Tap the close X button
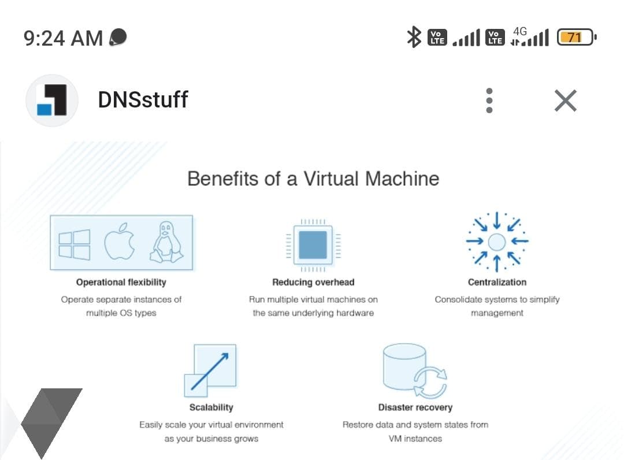tap(565, 101)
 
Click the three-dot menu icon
tap(489, 101)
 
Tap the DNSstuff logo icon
tap(51, 101)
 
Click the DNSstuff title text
tap(143, 100)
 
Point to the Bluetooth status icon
tap(414, 38)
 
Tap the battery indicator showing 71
tap(576, 38)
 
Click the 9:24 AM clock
tap(63, 38)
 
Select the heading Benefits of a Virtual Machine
tap(313, 178)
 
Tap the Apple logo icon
tap(120, 242)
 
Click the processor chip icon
tap(313, 244)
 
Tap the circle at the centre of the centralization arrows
tap(497, 242)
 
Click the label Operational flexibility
tap(121, 282)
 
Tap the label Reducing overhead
tap(313, 282)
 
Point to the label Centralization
tap(497, 282)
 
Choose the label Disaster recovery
tap(415, 407)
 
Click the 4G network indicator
tap(520, 32)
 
